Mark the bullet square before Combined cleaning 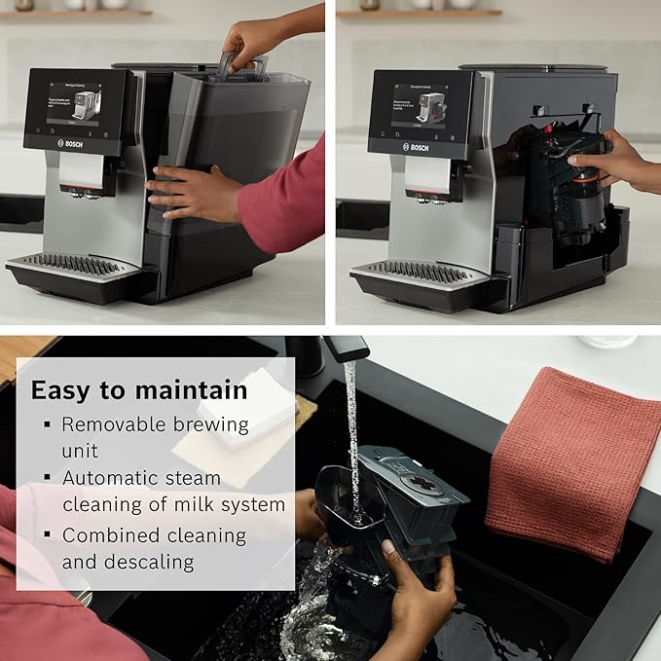click(46, 535)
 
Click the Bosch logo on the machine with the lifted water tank click(73, 143)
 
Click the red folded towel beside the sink click(574, 458)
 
